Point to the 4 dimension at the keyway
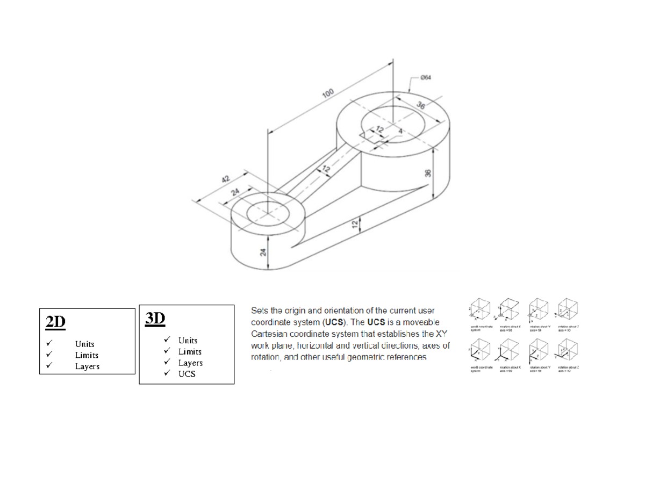(400, 131)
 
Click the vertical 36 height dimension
(427, 173)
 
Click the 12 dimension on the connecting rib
(326, 169)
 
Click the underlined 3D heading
(155, 319)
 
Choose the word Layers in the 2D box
(87, 366)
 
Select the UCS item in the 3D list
(187, 374)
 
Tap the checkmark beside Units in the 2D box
(49, 343)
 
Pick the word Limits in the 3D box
(190, 351)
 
